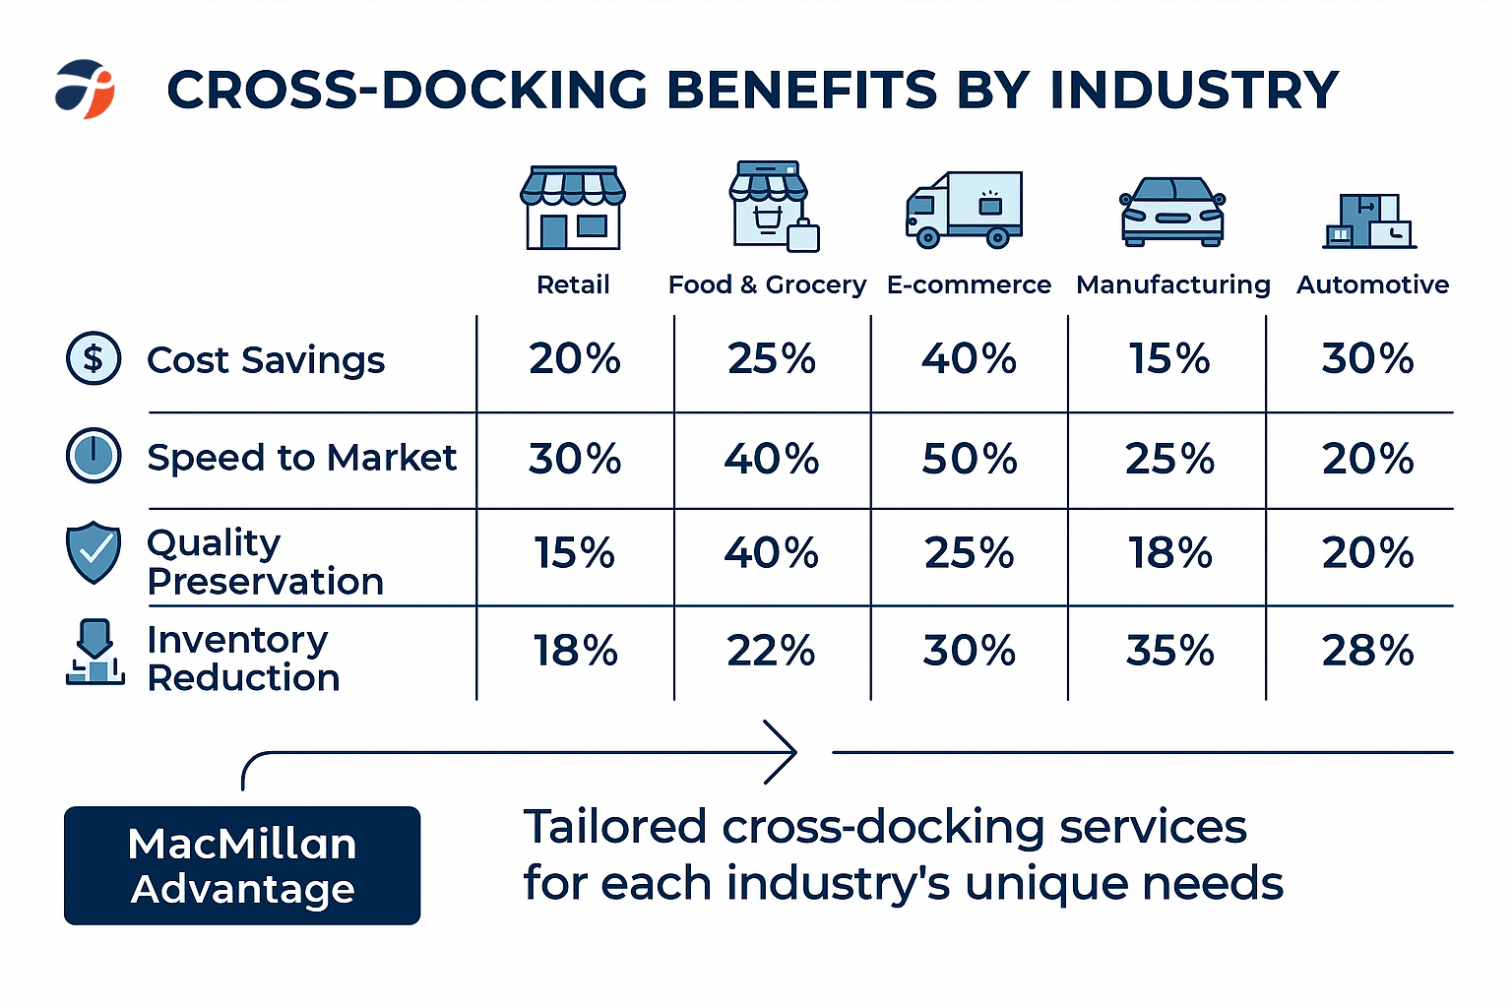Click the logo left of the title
point(85,89)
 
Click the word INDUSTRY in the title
point(1194,90)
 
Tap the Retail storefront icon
point(573,208)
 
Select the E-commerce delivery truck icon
point(964,210)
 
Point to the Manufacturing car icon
point(1172,212)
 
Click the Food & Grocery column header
point(767,284)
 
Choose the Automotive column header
point(1372,284)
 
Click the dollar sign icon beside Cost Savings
point(94,358)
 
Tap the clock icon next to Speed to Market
point(94,456)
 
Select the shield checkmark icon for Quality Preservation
point(94,551)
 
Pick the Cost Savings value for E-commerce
point(969,358)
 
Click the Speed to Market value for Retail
point(575,459)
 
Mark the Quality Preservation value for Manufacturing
point(1169,553)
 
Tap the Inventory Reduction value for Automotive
point(1367,651)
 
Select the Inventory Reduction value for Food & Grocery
point(771,651)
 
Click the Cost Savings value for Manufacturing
point(1169,358)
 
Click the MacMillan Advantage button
point(242,865)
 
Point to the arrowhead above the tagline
point(782,752)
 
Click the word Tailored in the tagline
point(615,827)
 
